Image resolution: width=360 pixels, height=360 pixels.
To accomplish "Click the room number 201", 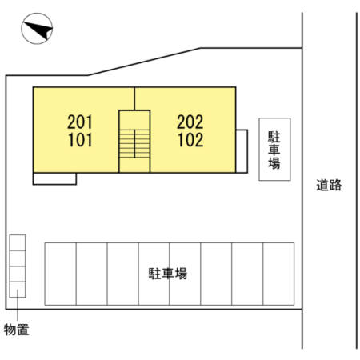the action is (80, 122).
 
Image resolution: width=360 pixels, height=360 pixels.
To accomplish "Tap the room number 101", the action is (80, 140).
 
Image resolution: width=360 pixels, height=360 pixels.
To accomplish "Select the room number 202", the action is (190, 122).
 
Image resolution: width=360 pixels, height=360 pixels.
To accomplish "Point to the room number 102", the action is (190, 140).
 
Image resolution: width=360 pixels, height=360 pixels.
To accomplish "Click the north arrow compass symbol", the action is (37, 29).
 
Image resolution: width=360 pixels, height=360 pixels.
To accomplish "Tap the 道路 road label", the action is (329, 185).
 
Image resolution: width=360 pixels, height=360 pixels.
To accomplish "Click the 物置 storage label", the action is (17, 330).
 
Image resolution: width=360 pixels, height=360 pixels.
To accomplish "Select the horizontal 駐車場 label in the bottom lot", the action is (168, 274).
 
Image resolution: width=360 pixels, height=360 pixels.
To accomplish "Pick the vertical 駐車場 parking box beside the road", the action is (274, 150).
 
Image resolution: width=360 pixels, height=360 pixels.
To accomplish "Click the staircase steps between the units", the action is (134, 143).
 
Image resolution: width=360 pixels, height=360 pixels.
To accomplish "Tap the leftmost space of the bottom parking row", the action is (61, 274).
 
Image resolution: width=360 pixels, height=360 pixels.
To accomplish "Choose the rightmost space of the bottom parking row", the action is (278, 274).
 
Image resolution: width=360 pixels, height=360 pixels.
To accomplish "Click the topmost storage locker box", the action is (18, 242).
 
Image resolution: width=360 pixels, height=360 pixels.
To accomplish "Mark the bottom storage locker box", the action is (18, 290).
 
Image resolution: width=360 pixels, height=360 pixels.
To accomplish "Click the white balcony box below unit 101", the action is (54, 178).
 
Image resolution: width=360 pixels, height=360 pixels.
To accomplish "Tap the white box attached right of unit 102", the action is (242, 151).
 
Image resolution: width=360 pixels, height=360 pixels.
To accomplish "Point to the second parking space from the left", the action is (92, 274).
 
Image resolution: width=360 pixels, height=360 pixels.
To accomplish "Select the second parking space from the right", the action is (247, 274).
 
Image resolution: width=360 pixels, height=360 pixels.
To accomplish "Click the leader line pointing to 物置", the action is (18, 305).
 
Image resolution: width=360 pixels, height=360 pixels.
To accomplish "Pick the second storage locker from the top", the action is (18, 258).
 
